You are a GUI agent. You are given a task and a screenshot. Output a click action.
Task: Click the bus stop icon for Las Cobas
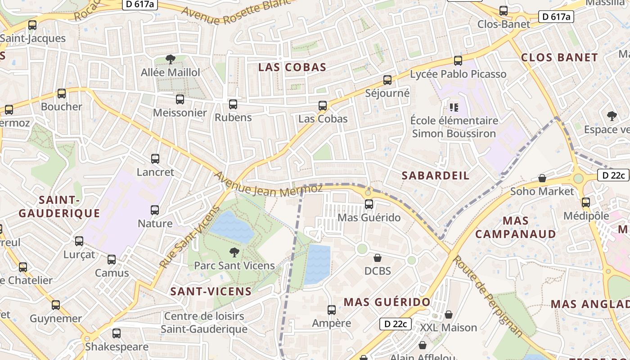(x=323, y=106)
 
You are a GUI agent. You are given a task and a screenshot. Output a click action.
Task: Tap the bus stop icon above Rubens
(x=233, y=104)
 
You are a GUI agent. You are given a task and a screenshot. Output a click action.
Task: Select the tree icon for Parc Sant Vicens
(x=234, y=252)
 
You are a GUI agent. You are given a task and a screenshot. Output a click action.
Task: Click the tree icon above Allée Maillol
(x=170, y=59)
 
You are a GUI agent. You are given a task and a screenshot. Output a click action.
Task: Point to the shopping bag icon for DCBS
(x=378, y=258)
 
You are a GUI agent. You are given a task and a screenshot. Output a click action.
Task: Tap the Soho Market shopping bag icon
(x=542, y=178)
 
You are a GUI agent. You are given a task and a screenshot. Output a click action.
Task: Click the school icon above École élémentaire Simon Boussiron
(x=454, y=107)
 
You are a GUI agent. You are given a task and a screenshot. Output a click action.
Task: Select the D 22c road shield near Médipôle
(x=613, y=175)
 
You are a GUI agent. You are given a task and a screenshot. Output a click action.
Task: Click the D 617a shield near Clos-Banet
(x=556, y=17)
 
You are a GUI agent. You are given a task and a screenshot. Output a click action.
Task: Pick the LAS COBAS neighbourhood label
(x=292, y=67)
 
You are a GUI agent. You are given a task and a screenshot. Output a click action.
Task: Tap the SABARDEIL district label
(x=435, y=175)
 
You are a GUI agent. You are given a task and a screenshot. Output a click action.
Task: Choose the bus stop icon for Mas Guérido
(x=369, y=204)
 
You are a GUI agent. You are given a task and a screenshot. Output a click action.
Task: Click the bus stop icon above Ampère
(x=332, y=310)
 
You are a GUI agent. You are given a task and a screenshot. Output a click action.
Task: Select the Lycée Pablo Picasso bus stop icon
(x=458, y=60)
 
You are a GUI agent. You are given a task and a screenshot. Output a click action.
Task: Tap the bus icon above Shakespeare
(x=116, y=333)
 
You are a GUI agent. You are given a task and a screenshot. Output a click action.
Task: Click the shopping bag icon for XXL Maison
(x=448, y=314)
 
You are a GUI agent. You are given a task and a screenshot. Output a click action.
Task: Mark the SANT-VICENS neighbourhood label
(x=211, y=291)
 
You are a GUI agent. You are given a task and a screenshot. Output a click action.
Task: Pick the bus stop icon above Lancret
(x=155, y=158)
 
